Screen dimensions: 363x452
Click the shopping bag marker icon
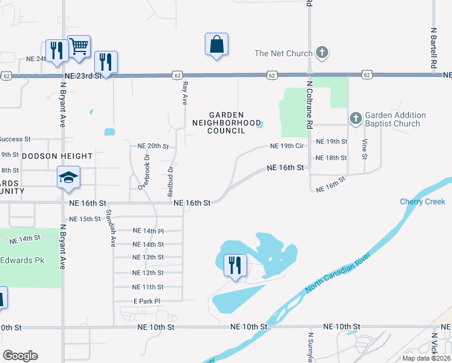pos(216,45)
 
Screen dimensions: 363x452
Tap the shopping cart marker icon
pos(79,46)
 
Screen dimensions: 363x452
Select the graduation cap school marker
pos(68,178)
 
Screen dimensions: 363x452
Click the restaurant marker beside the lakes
pos(234,265)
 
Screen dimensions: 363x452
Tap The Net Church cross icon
pos(322,53)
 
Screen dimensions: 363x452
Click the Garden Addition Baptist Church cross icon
pos(355,117)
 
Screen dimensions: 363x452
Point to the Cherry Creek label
pos(422,201)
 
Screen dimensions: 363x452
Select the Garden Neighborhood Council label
pos(226,122)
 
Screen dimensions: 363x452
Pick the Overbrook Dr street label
pos(144,171)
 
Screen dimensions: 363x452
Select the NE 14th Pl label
pos(148,231)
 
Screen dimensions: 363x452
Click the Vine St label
pos(364,149)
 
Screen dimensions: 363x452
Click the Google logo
pos(20,356)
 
